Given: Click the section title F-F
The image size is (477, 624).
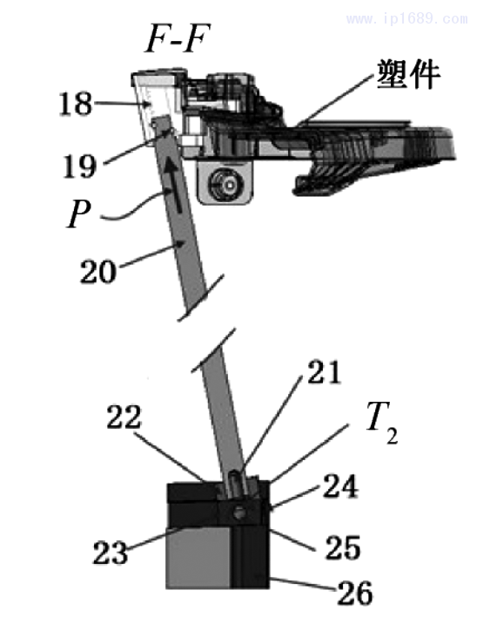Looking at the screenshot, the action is click(x=177, y=39).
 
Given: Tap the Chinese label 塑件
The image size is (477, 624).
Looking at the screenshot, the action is click(x=408, y=74).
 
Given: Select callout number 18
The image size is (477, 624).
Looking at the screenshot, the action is click(x=76, y=104).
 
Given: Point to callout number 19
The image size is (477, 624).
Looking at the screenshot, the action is click(x=80, y=166).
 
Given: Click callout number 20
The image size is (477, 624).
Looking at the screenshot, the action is click(x=98, y=272).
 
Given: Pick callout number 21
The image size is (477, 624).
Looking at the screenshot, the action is click(x=324, y=372).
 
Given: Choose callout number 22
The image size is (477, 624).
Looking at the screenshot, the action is click(x=124, y=417).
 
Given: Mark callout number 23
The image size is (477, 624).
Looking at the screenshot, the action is click(x=111, y=553).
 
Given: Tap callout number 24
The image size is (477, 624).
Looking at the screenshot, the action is click(x=340, y=486).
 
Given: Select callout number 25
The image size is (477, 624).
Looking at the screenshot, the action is click(x=343, y=547).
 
